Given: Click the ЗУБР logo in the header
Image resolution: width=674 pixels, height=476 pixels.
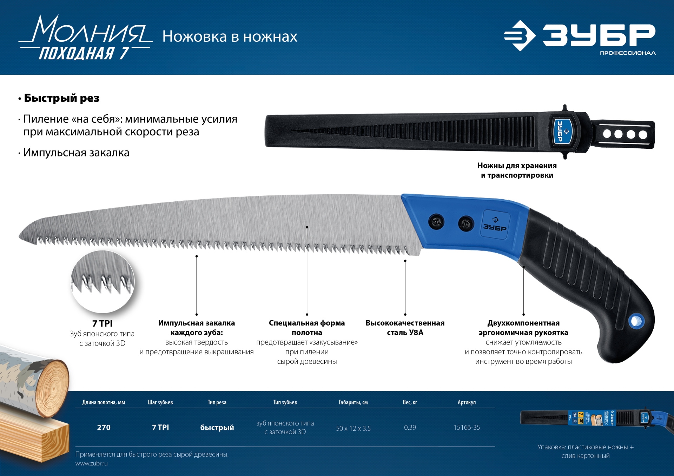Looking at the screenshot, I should click(x=579, y=36).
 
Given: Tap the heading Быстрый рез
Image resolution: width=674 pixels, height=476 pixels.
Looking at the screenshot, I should click(x=61, y=98).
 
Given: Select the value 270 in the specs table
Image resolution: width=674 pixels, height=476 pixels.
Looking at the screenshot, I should click(x=104, y=428).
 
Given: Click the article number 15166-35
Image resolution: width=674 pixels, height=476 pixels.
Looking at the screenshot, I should click(x=467, y=428).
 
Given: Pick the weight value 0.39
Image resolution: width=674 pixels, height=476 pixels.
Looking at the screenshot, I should click(x=410, y=428).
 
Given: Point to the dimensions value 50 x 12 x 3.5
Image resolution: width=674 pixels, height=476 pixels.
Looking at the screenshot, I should click(x=353, y=428).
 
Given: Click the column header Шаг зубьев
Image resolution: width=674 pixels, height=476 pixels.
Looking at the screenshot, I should click(x=160, y=402).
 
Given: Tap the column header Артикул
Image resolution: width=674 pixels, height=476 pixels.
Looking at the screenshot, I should click(x=467, y=402).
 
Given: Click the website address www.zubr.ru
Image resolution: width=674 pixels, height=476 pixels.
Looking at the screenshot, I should click(x=91, y=463).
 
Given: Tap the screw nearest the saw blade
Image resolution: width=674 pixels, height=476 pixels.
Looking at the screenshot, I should click(x=436, y=222).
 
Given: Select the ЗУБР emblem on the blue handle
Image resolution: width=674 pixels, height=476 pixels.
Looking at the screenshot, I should click(x=495, y=224).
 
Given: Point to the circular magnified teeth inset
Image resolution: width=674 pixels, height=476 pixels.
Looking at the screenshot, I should click(x=103, y=281).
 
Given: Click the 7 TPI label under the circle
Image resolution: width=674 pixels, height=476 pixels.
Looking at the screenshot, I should click(x=102, y=323).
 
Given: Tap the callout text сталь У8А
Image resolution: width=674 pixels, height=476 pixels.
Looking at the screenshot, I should click(x=405, y=333).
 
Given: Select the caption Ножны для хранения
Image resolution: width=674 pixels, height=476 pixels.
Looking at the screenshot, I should click(x=517, y=166).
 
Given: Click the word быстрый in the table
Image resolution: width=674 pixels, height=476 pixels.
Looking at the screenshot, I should click(x=217, y=428).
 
